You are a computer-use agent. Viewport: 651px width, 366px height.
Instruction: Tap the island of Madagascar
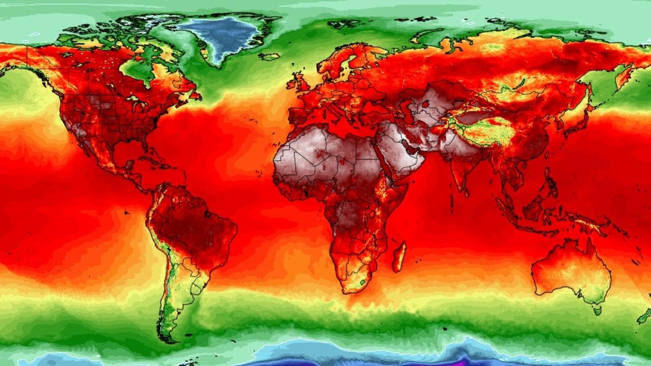(x=400, y=257)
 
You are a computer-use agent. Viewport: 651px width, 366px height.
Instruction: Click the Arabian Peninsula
(x=402, y=153)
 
